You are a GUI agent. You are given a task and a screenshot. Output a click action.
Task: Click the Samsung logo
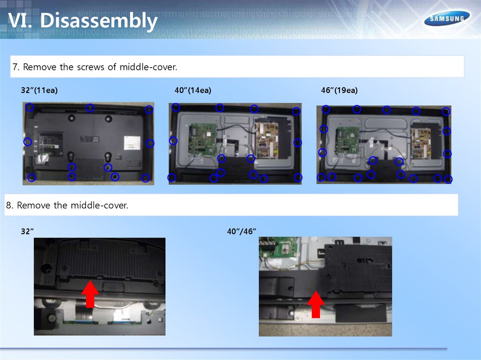(x=447, y=18)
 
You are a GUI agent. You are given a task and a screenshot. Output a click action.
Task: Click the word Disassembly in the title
(x=99, y=21)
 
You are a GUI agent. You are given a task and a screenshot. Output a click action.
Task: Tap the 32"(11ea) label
(x=39, y=90)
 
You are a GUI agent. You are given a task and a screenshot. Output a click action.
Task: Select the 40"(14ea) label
(x=193, y=90)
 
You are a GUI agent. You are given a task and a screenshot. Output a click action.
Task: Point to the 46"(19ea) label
(x=339, y=90)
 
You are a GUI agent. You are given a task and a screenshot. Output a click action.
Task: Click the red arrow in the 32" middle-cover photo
(x=90, y=294)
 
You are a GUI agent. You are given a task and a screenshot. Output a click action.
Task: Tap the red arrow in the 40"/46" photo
(x=316, y=304)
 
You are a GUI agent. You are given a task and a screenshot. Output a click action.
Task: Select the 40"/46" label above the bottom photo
(x=241, y=231)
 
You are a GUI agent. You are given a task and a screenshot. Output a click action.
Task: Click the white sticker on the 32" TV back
(x=132, y=143)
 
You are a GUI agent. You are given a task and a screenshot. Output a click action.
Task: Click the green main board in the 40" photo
(x=203, y=139)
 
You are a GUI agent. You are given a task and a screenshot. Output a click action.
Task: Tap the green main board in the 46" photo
(x=348, y=140)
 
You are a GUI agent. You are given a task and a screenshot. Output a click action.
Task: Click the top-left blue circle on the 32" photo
(x=30, y=107)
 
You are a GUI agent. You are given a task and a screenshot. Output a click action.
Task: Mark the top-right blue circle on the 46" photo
(x=446, y=112)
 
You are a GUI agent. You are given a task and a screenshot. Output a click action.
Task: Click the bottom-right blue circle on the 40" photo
(x=298, y=177)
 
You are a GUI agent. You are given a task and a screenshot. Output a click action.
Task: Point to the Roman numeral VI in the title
(x=20, y=21)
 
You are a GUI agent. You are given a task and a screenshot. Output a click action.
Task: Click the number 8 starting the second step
(x=9, y=205)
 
